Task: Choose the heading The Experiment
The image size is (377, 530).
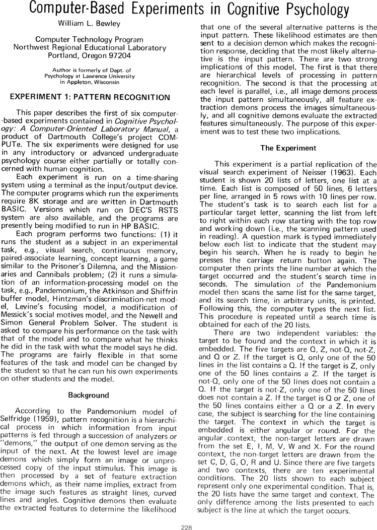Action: (x=288, y=148)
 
